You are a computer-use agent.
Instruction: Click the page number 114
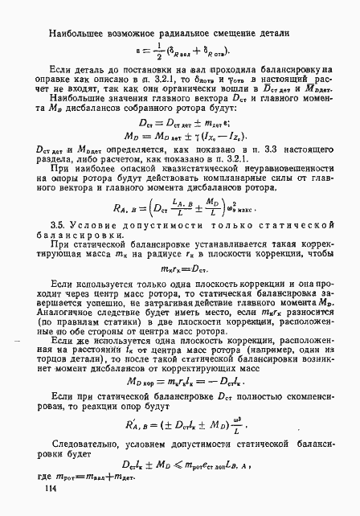click(52, 488)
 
